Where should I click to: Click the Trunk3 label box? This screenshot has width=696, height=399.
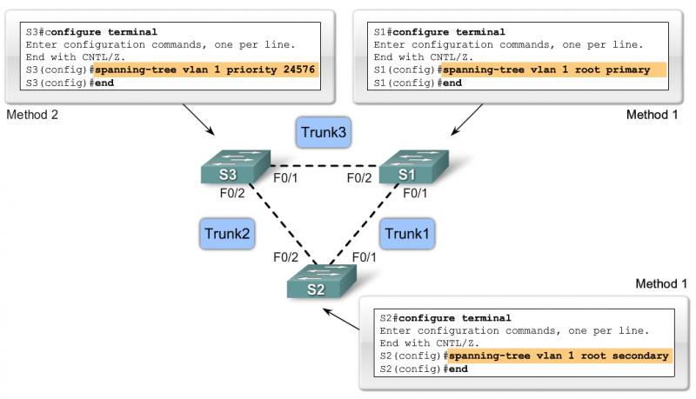tap(322, 132)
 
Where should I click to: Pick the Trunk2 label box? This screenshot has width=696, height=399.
tap(228, 232)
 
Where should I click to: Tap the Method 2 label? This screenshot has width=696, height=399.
tap(33, 115)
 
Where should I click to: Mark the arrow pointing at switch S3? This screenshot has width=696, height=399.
tap(199, 122)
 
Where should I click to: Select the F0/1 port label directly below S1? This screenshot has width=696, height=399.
tap(415, 194)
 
